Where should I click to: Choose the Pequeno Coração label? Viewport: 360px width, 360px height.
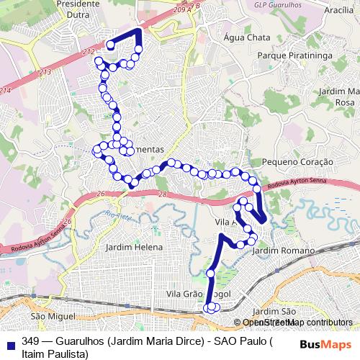coord(297,163)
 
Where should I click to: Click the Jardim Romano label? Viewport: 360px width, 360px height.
coord(284,250)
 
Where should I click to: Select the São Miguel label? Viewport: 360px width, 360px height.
coord(53,316)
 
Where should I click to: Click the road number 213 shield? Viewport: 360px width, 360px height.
coord(45,73)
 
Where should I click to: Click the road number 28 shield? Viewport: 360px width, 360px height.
coord(163,195)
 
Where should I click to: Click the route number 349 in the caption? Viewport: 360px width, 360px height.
coord(30,341)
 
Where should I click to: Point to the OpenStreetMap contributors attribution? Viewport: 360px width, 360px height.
coord(297,323)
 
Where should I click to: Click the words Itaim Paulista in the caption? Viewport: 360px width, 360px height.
coord(55,354)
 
